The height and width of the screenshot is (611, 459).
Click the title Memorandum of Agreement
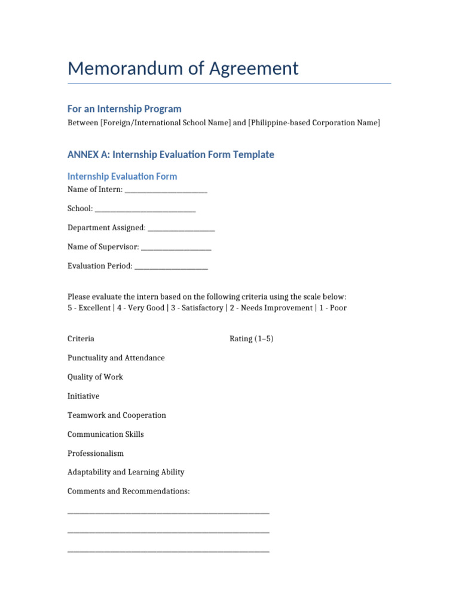183,69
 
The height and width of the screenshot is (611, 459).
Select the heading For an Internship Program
124,109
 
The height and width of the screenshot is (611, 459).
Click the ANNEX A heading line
171,155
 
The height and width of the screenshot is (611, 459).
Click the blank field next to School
145,209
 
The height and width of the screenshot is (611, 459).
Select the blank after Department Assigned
181,228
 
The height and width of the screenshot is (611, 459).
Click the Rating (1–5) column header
252,339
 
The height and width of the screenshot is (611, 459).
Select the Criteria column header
81,339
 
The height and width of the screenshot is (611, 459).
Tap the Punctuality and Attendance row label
116,358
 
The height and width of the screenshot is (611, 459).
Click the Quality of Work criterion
95,377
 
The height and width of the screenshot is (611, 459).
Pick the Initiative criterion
83,396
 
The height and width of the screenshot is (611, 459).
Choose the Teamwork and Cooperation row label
117,415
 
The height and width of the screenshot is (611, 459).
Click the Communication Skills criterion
105,434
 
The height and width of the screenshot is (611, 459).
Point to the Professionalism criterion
96,453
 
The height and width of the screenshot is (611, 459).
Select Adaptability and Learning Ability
126,472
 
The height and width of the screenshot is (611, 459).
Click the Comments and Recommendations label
128,491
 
